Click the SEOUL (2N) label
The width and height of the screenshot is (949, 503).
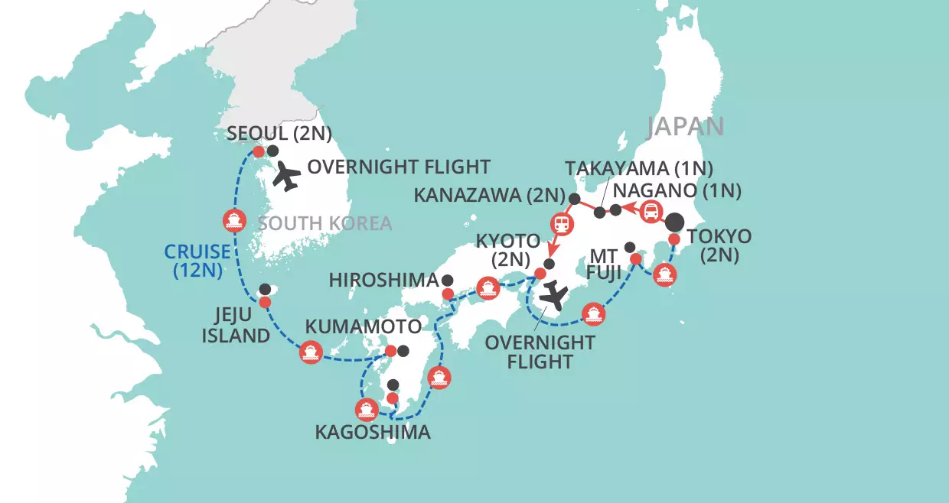point(279,134)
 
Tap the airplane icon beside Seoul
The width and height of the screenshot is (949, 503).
point(288,177)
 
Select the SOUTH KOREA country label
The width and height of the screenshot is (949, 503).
point(324,224)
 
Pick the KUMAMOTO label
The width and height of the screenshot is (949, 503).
point(364,327)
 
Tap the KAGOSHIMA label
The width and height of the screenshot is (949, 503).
point(373,432)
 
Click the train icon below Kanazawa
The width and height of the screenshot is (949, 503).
point(561,223)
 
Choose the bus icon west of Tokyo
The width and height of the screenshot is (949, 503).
point(651,212)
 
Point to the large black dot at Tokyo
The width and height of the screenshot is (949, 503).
point(674,223)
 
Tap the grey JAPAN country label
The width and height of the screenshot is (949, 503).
point(685,126)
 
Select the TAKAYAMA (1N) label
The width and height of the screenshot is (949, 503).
point(639,168)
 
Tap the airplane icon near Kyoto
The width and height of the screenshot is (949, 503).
point(553,297)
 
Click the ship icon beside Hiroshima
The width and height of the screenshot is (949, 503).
point(487,288)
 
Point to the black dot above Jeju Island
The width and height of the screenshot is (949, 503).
point(265,289)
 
